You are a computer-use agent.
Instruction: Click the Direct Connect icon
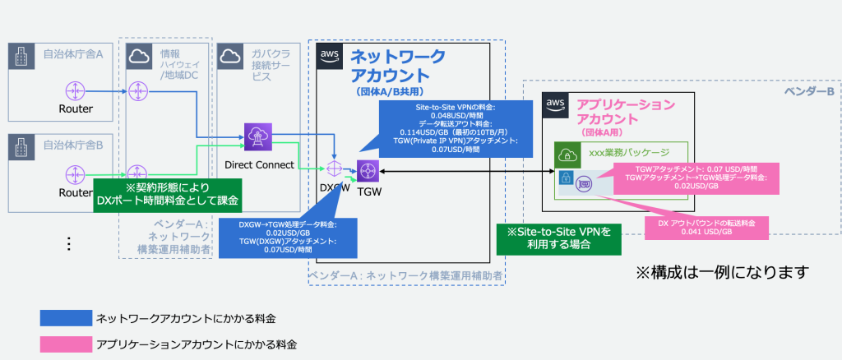tap(259, 136)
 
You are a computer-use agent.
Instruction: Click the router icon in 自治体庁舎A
tap(75, 90)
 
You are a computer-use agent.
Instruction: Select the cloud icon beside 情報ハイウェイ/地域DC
tap(137, 57)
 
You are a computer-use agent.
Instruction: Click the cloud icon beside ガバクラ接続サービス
tap(231, 57)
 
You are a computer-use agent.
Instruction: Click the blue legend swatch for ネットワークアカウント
tap(65, 318)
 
